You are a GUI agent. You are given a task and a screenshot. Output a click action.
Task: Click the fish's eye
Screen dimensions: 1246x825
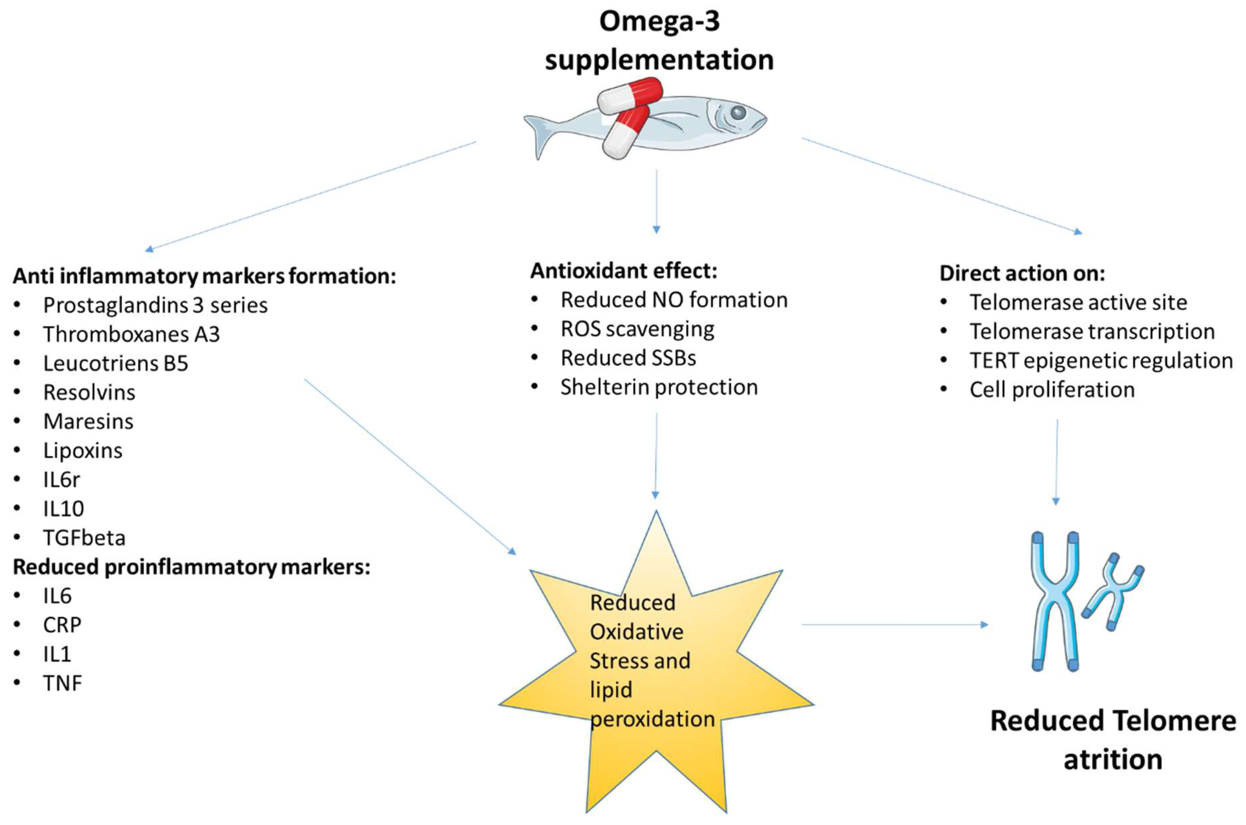click(738, 112)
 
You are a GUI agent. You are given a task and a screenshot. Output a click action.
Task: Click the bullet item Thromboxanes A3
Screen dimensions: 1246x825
click(131, 334)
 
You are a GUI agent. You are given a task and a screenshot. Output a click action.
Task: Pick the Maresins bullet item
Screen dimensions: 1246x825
click(88, 421)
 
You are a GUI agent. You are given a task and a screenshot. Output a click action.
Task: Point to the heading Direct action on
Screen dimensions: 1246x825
click(1022, 274)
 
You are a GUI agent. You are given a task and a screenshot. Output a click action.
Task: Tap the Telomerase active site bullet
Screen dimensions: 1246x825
click(1079, 302)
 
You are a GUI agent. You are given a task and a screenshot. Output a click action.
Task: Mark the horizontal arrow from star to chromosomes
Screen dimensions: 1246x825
click(895, 624)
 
